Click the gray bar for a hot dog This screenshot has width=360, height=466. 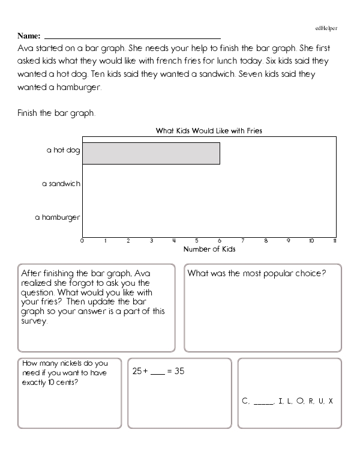(x=151, y=153)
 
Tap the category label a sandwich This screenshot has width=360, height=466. (x=61, y=184)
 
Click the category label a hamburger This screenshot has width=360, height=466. (x=57, y=217)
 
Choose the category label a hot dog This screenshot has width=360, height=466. (x=63, y=150)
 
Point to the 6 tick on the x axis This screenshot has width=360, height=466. (x=220, y=241)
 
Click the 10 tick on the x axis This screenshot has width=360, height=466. (x=311, y=241)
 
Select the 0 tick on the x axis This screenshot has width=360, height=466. (x=82, y=241)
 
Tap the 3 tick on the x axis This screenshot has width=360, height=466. (x=151, y=241)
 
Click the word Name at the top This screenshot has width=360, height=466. (x=29, y=35)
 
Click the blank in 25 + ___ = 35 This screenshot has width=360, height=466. (x=157, y=372)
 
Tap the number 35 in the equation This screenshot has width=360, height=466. (x=178, y=371)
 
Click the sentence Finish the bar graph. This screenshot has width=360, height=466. (x=56, y=112)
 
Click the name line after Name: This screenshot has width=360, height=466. (x=133, y=37)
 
